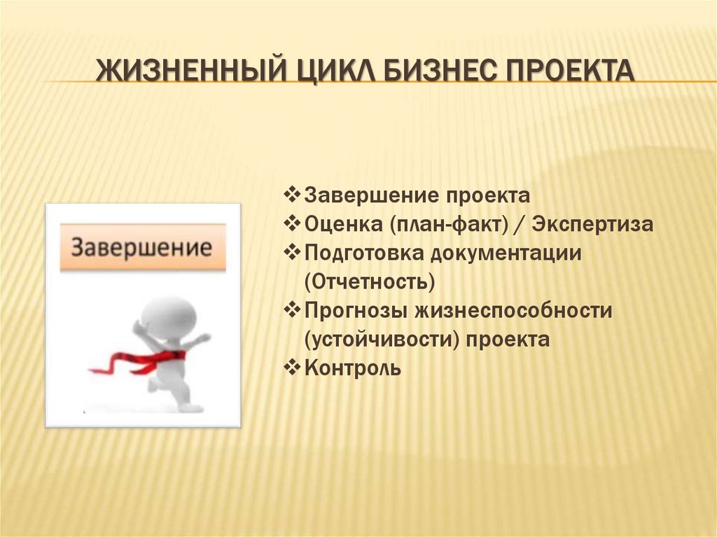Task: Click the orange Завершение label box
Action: tap(143, 247)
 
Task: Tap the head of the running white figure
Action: tap(168, 318)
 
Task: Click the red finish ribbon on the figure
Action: tap(137, 361)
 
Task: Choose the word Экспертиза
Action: tap(592, 225)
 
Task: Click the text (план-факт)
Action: tap(449, 225)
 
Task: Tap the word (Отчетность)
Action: tap(370, 281)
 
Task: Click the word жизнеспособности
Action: tap(513, 311)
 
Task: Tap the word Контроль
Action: tap(353, 368)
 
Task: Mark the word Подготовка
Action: tap(364, 253)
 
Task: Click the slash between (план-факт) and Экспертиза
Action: tap(520, 225)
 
